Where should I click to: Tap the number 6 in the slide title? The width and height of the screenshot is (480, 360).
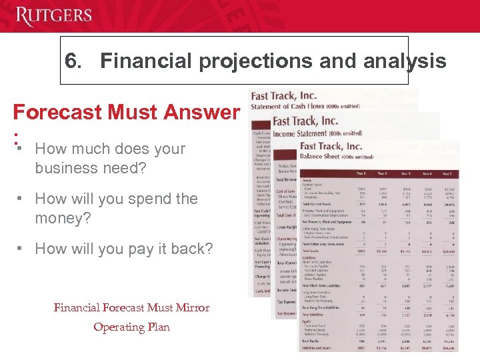pyautogui.click(x=71, y=62)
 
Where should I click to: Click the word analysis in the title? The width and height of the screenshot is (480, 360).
pyautogui.click(x=402, y=62)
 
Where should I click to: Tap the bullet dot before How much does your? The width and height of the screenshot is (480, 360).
pyautogui.click(x=21, y=146)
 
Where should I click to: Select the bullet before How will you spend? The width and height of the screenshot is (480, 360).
pyautogui.click(x=21, y=199)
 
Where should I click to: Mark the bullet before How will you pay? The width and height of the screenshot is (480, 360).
pyautogui.click(x=21, y=249)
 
